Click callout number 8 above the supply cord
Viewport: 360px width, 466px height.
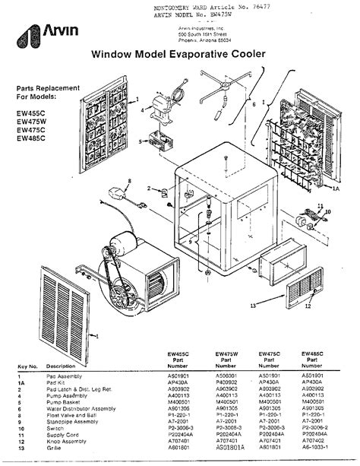(x=129, y=180)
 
